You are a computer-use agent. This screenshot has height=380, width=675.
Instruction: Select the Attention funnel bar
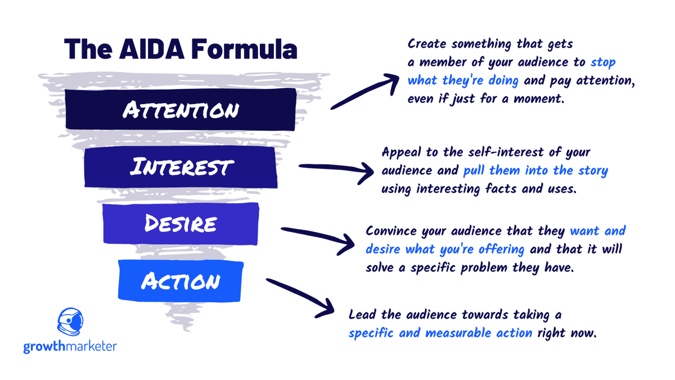[x=180, y=109]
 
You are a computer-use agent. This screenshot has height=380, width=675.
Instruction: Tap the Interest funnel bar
[x=180, y=167]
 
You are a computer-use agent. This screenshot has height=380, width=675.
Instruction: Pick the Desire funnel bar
[x=180, y=223]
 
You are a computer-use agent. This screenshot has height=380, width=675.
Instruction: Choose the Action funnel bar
[x=180, y=281]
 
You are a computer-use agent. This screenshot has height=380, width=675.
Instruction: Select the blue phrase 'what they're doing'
[x=462, y=80]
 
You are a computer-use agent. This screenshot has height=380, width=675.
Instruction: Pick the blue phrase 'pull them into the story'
[x=535, y=170]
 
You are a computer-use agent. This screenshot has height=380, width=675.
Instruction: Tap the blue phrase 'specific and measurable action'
[x=440, y=332]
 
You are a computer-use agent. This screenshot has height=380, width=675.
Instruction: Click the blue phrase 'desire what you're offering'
[x=445, y=249]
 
